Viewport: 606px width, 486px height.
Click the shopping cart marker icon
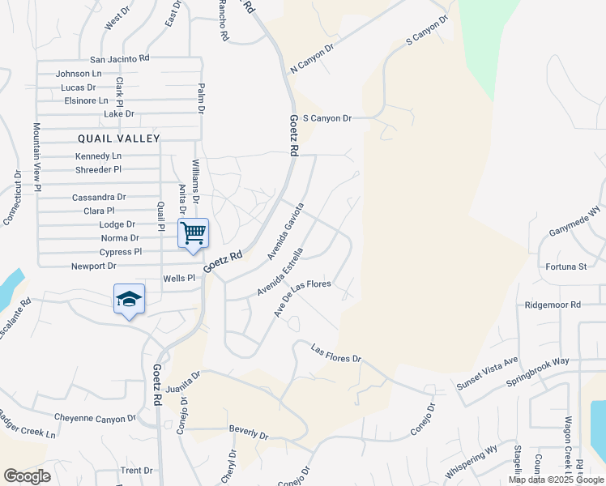[x=194, y=233]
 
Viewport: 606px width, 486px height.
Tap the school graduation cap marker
[x=130, y=300]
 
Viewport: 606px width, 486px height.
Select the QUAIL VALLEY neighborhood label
[x=119, y=139]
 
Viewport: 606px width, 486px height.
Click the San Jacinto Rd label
[x=120, y=58]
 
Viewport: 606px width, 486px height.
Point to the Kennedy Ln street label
[x=98, y=156]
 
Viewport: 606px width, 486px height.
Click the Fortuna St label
[x=566, y=266]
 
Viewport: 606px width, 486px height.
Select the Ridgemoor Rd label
[x=553, y=305]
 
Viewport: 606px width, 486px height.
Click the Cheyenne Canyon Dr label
[x=96, y=418]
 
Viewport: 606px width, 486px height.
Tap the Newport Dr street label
[x=94, y=266]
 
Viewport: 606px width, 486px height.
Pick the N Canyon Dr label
[x=312, y=62]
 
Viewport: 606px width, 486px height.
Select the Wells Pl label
[x=180, y=278]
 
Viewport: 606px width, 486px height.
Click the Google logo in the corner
[x=27, y=476]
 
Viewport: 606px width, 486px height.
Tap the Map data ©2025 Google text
[x=556, y=480]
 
